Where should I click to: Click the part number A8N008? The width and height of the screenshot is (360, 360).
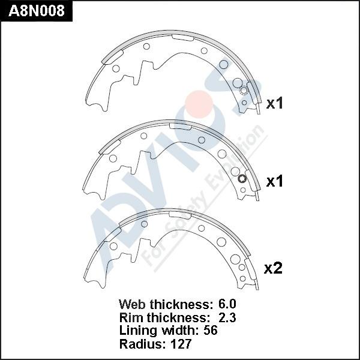[x=37, y=11]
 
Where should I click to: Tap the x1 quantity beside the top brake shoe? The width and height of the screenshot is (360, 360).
[x=274, y=103]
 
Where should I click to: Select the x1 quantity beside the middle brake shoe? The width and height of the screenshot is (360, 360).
[x=274, y=181]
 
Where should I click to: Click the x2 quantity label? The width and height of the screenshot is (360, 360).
[x=273, y=268]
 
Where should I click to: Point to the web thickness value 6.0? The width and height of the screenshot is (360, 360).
[x=227, y=304]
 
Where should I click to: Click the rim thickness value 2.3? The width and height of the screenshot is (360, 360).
[x=227, y=317]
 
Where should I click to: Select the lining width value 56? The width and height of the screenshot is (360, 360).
[x=211, y=331]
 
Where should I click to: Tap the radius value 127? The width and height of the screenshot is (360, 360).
[x=181, y=344]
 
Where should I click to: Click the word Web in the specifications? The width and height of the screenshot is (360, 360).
[x=132, y=304]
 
